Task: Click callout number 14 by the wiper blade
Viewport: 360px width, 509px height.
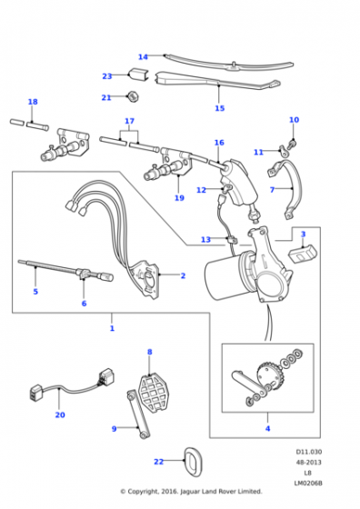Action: [143, 57]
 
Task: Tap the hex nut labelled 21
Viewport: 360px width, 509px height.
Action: [133, 96]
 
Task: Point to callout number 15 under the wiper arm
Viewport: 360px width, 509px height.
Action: [220, 108]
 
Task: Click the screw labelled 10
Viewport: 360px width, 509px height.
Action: [293, 144]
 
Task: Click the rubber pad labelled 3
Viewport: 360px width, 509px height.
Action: [303, 254]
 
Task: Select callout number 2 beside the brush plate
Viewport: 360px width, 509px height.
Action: [183, 275]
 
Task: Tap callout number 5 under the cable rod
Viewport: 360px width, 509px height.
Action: [35, 292]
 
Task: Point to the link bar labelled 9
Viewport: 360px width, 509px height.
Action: [138, 414]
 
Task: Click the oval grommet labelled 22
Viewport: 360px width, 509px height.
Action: [193, 462]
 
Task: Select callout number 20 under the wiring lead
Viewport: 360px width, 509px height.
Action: [60, 414]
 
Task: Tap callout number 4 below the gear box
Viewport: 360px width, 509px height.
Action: [268, 428]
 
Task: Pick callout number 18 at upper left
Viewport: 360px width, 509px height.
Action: [33, 102]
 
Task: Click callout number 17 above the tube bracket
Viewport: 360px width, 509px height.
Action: [129, 121]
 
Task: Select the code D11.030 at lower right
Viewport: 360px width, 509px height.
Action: [309, 452]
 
